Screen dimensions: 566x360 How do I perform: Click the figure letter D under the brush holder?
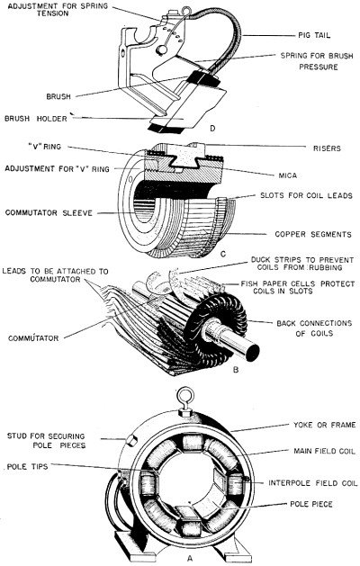point(210,129)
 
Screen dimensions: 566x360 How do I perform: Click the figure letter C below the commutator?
point(209,255)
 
